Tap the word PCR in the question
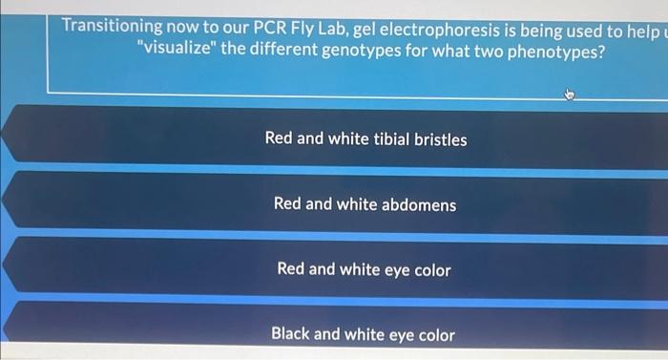click(x=261, y=26)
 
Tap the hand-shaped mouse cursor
click(x=570, y=94)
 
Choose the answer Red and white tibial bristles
click(x=365, y=139)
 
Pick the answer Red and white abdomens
click(x=365, y=204)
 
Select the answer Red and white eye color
click(x=364, y=269)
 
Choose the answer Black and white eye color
click(x=363, y=334)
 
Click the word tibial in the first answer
click(x=386, y=139)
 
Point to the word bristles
click(x=441, y=139)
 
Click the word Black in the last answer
click(x=290, y=334)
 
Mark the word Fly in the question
click(x=301, y=26)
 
